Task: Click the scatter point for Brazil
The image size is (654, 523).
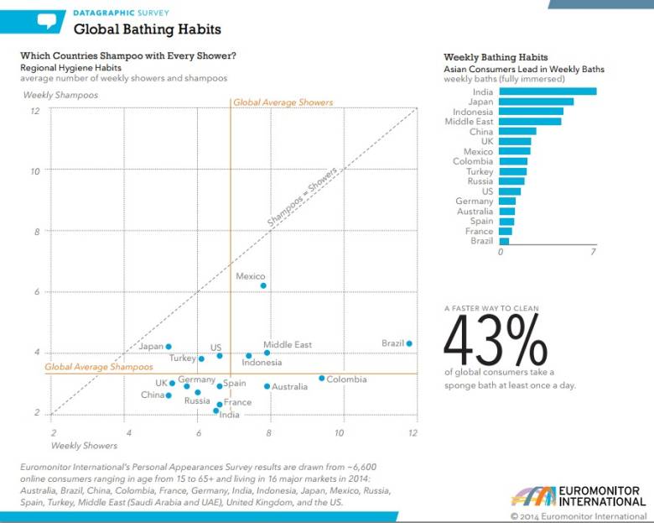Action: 409,343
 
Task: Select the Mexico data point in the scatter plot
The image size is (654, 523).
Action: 263,285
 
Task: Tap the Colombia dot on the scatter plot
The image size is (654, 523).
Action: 321,378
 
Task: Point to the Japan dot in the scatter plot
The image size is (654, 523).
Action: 169,347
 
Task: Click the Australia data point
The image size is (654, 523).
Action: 267,386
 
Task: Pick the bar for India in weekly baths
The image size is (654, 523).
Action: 548,92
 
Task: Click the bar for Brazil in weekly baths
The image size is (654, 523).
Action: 504,241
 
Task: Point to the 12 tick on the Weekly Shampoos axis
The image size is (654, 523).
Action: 35,111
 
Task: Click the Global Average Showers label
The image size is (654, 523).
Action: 283,102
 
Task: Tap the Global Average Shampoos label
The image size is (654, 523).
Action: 99,367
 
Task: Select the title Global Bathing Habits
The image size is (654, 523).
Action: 148,29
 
